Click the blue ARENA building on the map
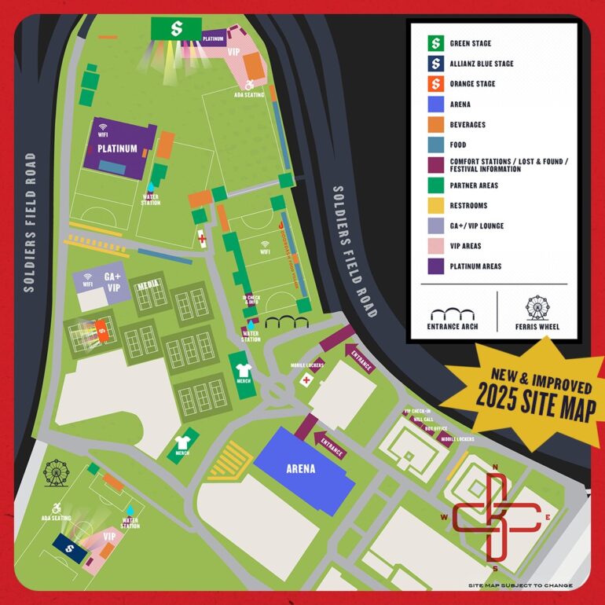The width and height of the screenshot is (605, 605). (301, 468)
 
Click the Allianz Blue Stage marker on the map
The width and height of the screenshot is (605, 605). (70, 547)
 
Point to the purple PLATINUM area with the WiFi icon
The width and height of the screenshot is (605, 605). (118, 147)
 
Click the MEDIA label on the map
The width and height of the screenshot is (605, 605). (148, 286)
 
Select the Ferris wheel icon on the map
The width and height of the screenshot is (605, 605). (56, 473)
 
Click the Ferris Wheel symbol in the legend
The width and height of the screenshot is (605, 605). (537, 307)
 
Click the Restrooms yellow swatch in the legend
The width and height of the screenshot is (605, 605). (434, 206)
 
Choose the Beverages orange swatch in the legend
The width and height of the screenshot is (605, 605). (434, 124)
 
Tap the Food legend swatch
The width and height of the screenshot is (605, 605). (434, 145)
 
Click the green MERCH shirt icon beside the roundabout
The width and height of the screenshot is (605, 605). (241, 366)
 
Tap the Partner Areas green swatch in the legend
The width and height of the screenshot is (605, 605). (434, 185)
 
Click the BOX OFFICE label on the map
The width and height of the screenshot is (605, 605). (435, 428)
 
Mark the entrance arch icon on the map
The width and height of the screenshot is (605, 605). (280, 321)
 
